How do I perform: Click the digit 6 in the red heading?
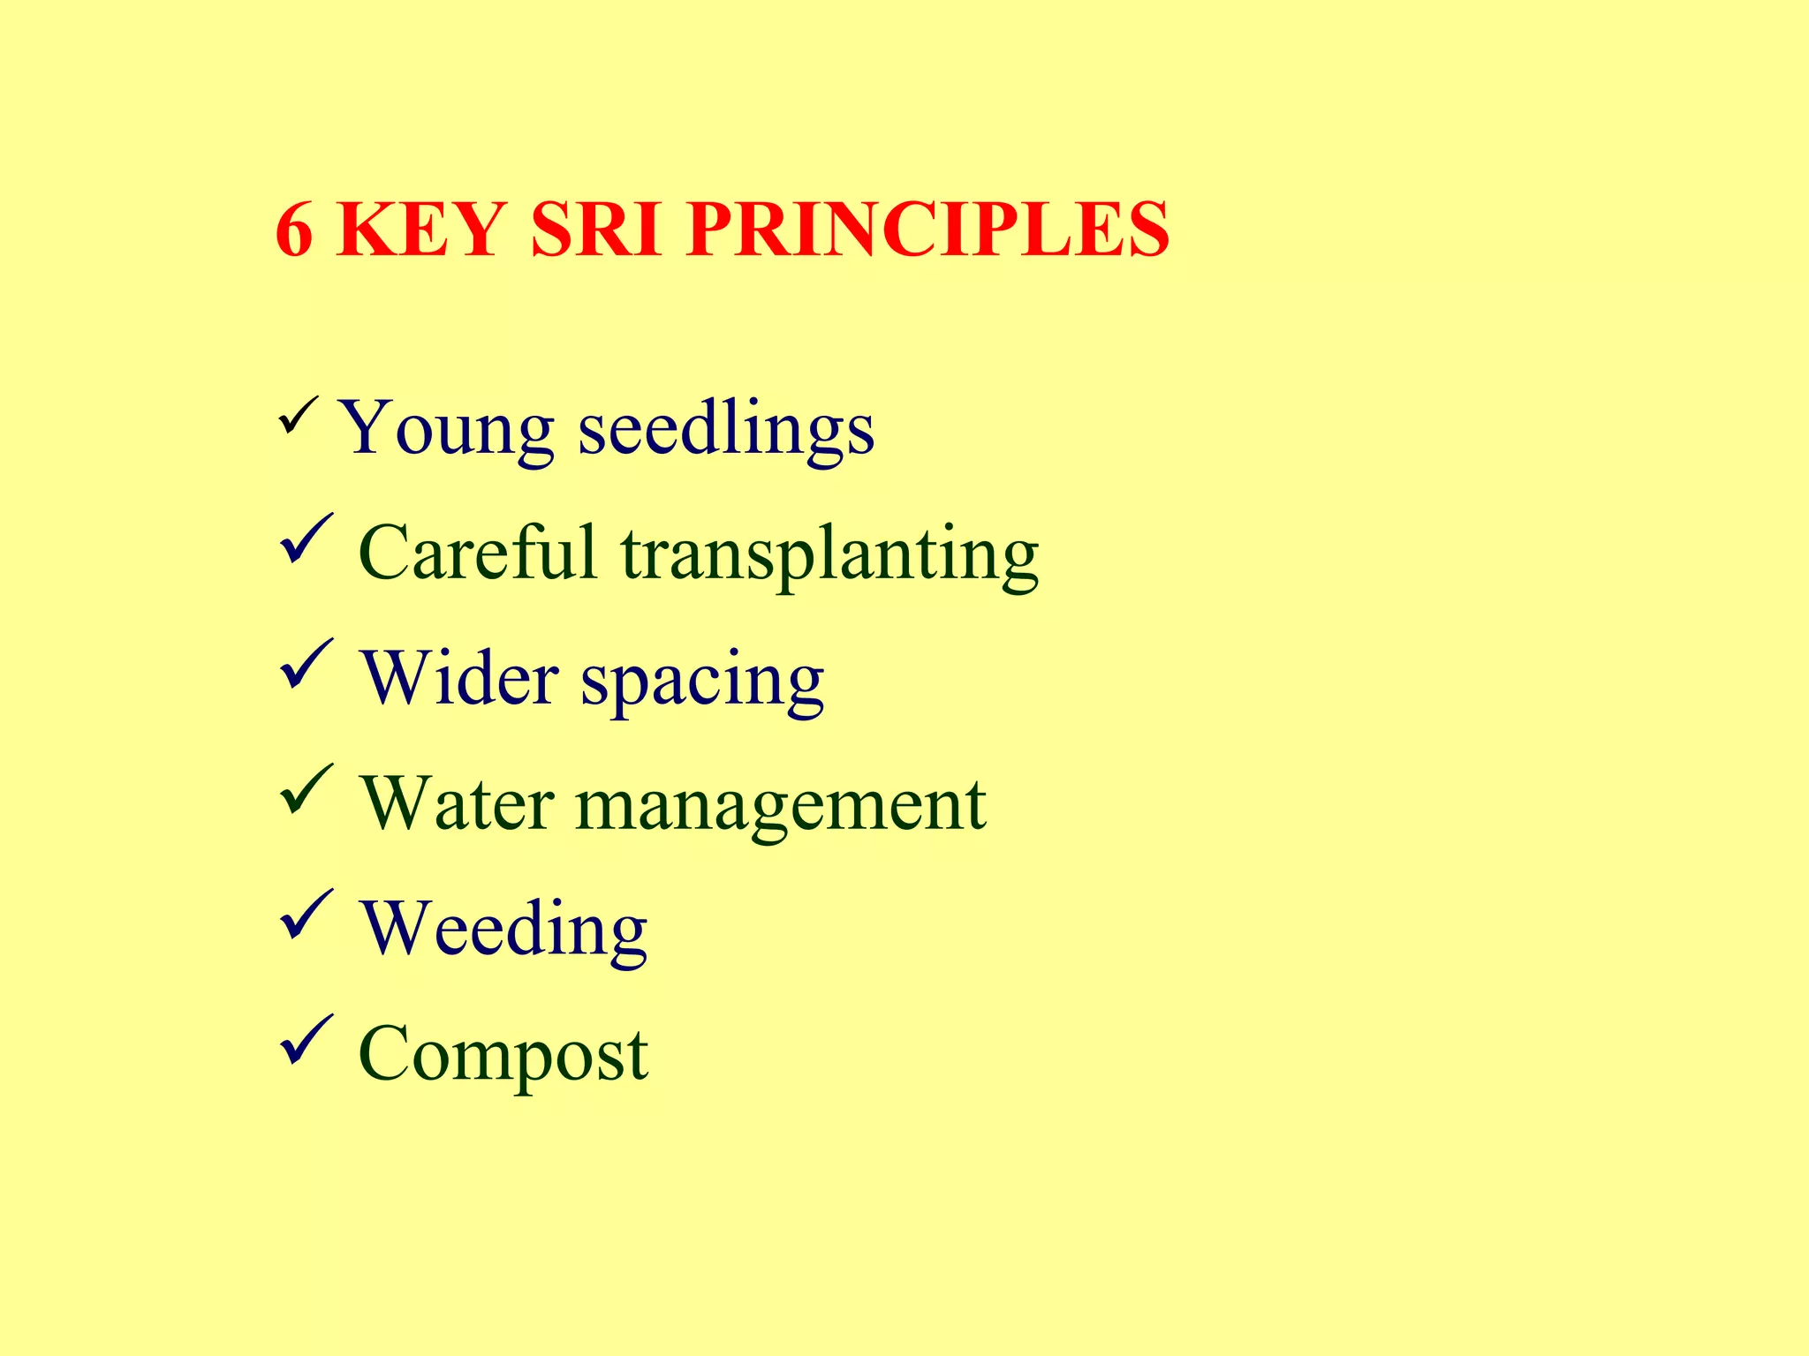click(x=295, y=230)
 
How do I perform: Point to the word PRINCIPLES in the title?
click(x=927, y=230)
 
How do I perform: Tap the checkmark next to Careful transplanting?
click(x=306, y=539)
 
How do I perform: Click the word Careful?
click(x=478, y=554)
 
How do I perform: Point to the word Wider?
click(x=459, y=679)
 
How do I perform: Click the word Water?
click(x=458, y=804)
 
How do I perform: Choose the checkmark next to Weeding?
click(x=306, y=915)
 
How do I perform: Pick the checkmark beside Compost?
click(x=306, y=1041)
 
